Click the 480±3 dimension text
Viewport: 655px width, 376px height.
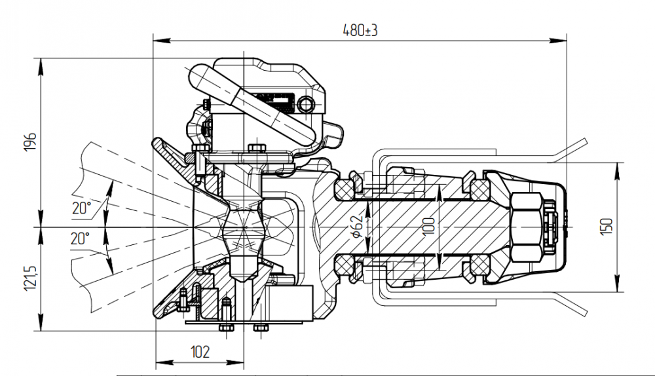pyautogui.click(x=360, y=30)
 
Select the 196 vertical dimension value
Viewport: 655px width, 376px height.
pyautogui.click(x=31, y=142)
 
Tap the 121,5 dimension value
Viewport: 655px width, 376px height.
pyautogui.click(x=31, y=278)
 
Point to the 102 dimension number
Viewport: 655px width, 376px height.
pyautogui.click(x=200, y=352)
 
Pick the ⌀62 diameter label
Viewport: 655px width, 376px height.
pyautogui.click(x=357, y=226)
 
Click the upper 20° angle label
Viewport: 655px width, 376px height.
pyautogui.click(x=81, y=208)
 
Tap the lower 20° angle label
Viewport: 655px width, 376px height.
pyautogui.click(x=80, y=238)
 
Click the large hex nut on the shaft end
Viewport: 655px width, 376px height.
pyautogui.click(x=527, y=227)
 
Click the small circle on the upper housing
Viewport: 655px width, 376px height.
pyautogui.click(x=306, y=104)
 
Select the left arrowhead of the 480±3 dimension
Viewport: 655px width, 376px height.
pyautogui.click(x=162, y=41)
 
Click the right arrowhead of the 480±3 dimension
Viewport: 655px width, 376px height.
pyautogui.click(x=558, y=41)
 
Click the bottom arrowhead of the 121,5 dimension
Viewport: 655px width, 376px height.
pyautogui.click(x=41, y=322)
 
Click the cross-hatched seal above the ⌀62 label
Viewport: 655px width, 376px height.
pyautogui.click(x=343, y=189)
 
